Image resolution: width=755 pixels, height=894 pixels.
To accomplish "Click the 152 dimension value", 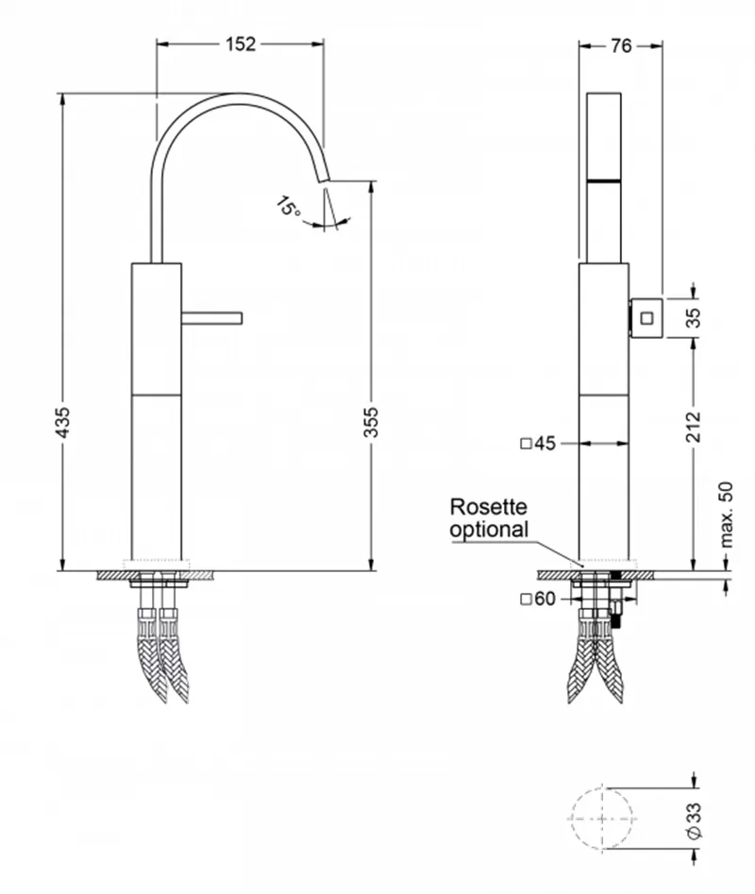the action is tap(241, 44).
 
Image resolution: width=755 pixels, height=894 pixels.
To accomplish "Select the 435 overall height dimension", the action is tap(62, 423).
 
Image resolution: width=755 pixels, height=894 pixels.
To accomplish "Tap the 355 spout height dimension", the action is tap(370, 423).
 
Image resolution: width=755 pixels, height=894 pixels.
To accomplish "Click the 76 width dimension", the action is tap(621, 45).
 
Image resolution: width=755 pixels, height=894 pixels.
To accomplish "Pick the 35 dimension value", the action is tap(694, 318).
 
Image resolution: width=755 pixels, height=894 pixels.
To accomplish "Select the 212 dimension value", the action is tap(694, 427).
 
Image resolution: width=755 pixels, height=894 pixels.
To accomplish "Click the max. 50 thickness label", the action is tap(727, 514).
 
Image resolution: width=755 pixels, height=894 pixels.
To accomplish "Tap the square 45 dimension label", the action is tap(539, 443).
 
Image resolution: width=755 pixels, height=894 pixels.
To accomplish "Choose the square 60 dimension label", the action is tap(539, 599).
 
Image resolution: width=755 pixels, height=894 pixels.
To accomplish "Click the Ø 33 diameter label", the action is tap(694, 820).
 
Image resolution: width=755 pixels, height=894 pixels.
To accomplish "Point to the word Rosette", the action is tap(488, 506).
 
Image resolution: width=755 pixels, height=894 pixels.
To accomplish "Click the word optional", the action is tap(489, 529).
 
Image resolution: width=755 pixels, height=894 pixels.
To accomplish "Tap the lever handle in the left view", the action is tap(212, 318).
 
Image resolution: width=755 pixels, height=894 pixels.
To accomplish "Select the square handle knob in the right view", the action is tap(646, 317).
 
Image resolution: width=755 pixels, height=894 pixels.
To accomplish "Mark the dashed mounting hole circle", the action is tap(602, 818).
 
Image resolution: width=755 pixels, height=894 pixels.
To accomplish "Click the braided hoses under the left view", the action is tap(163, 656).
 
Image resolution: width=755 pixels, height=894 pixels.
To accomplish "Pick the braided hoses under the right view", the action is tap(596, 656).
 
